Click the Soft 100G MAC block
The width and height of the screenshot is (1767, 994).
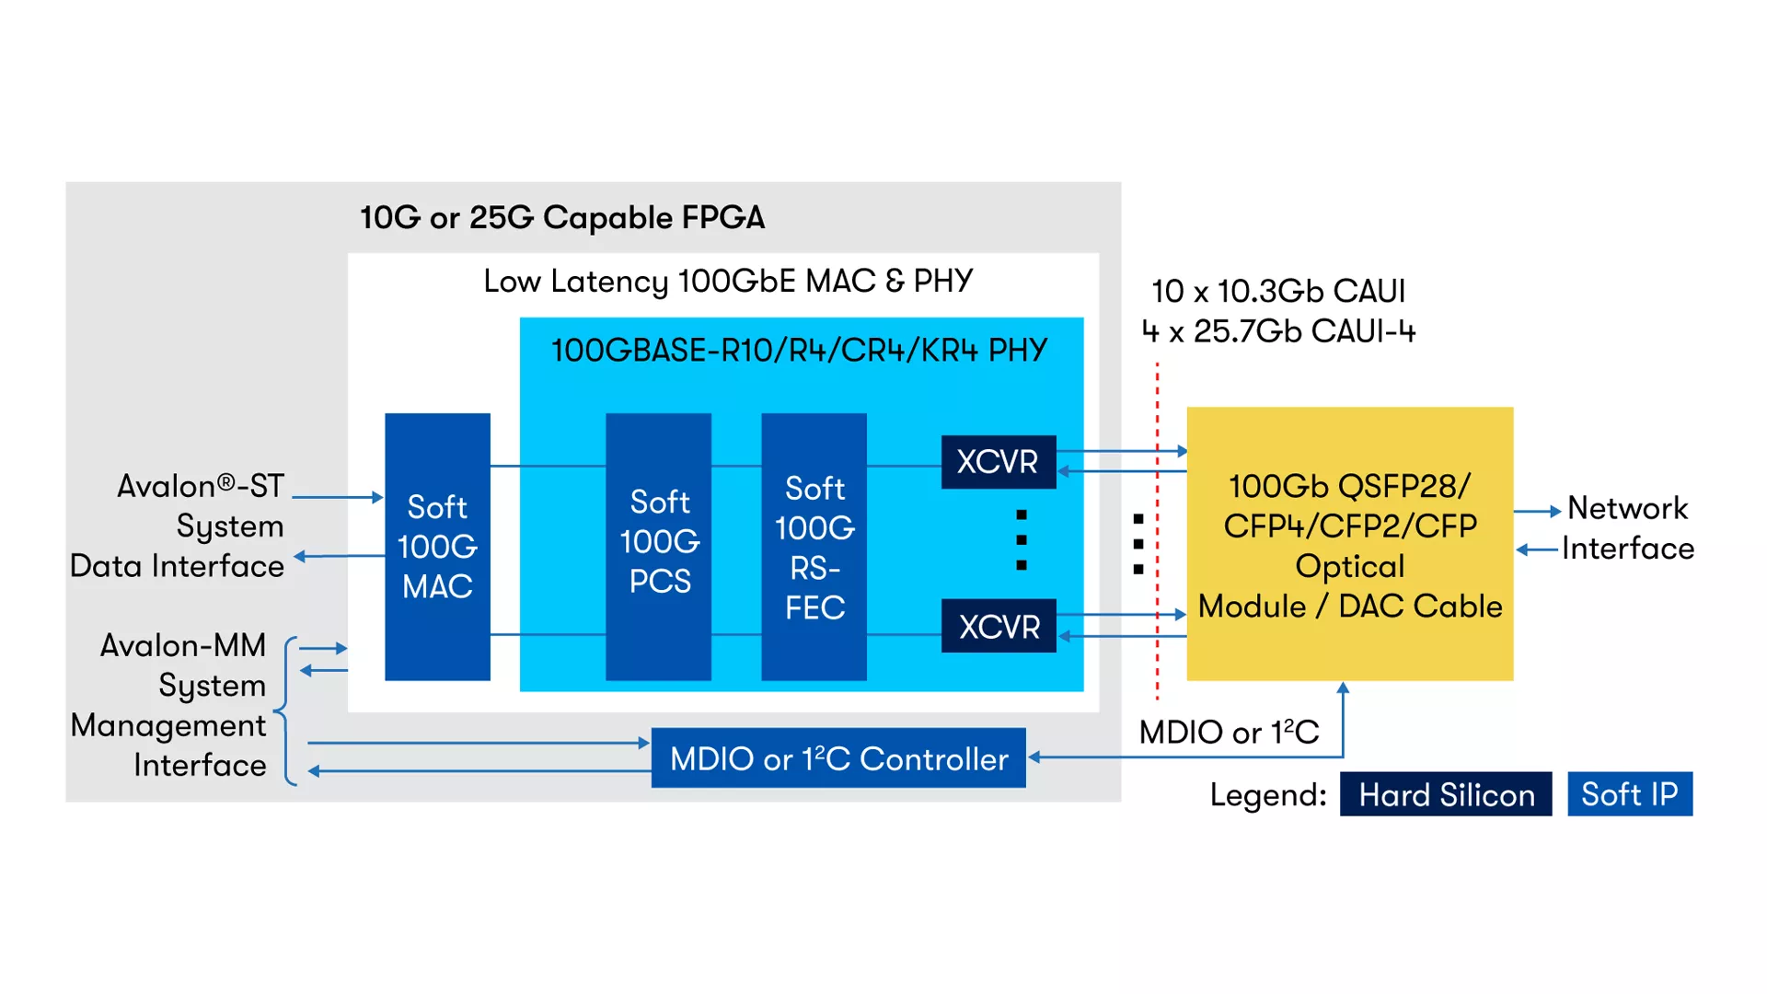click(437, 547)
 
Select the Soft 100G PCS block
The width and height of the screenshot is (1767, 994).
click(659, 547)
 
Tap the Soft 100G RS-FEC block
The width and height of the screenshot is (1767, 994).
click(814, 547)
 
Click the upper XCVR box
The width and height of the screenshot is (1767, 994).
click(999, 461)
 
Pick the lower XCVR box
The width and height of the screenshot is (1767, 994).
click(999, 627)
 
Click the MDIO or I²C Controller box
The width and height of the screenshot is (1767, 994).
click(838, 758)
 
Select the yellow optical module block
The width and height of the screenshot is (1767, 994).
click(1349, 544)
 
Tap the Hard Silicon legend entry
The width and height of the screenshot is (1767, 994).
click(1446, 794)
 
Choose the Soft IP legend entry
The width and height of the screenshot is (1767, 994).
click(1630, 794)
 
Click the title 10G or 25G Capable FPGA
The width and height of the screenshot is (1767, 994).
click(562, 218)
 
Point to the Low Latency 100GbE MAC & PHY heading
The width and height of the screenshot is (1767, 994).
click(728, 281)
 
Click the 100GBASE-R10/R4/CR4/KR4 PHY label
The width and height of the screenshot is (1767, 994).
click(799, 351)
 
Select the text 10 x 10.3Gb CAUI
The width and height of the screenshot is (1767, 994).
click(1278, 292)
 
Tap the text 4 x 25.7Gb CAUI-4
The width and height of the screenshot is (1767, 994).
click(1278, 331)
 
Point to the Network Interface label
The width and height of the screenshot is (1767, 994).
click(1627, 528)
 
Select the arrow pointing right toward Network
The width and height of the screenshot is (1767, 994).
click(1537, 511)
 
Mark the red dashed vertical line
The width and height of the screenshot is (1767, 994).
click(1158, 534)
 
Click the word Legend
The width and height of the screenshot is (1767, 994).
click(1267, 795)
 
